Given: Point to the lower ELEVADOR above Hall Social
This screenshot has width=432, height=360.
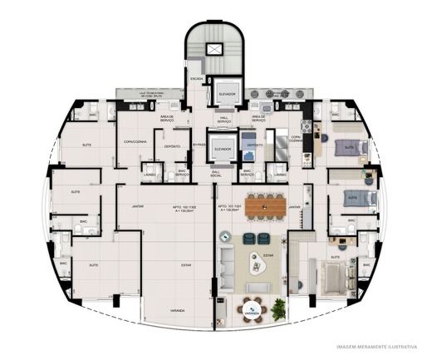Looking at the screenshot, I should pyautogui.click(x=222, y=150).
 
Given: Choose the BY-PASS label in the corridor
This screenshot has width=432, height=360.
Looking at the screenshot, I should pyautogui.click(x=199, y=145).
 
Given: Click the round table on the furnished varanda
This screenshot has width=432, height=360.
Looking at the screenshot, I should pyautogui.click(x=253, y=310).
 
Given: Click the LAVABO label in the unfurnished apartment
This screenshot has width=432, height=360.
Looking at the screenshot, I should pyautogui.click(x=150, y=175).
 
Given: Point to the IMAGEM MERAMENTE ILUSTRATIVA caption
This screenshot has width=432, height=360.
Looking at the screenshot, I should pyautogui.click(x=376, y=347).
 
